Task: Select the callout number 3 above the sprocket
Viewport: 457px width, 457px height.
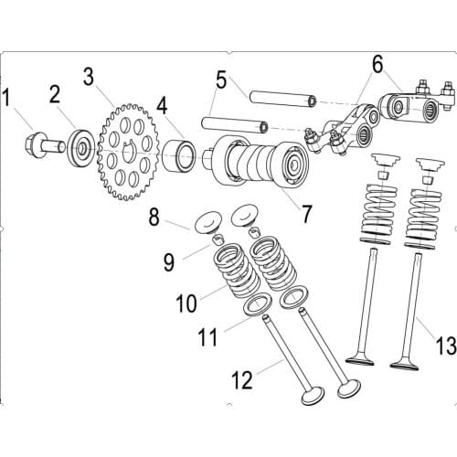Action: click(89, 75)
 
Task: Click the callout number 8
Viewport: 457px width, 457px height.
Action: click(154, 217)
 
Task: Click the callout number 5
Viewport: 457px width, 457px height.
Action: click(220, 80)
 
